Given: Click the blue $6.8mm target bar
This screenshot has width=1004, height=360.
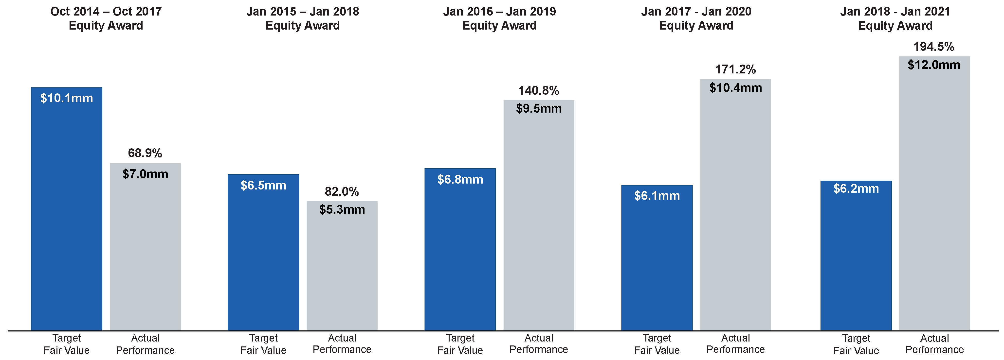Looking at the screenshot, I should (460, 249).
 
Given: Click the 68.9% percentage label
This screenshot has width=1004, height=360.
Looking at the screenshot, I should (145, 153).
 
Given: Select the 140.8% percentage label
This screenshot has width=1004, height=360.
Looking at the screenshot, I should (539, 90).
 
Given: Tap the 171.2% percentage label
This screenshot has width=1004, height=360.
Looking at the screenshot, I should (735, 69).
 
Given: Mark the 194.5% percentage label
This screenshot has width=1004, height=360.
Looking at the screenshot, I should (934, 47).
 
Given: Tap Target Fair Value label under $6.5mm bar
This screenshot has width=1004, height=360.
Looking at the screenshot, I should (263, 344).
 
